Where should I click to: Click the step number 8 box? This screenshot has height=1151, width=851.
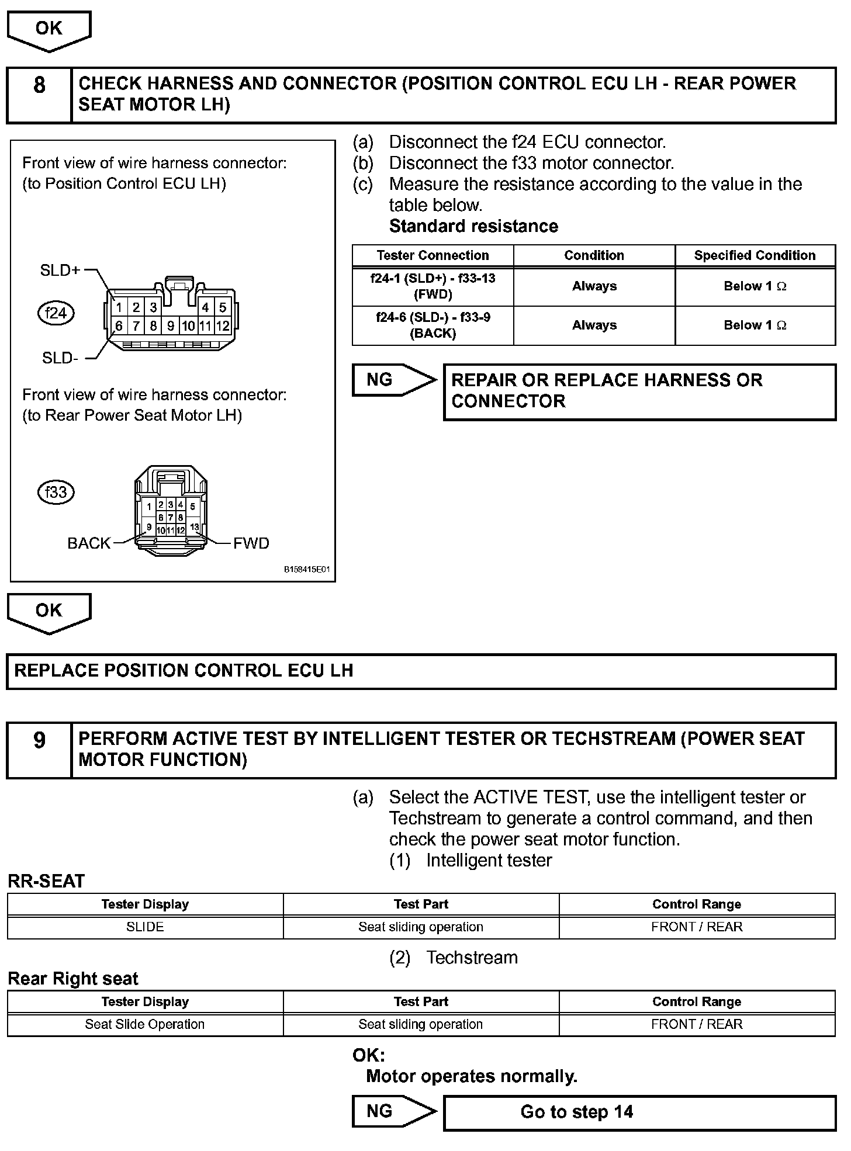coord(39,95)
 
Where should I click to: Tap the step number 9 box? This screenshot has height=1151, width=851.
coord(39,750)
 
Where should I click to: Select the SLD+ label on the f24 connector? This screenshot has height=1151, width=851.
coord(60,270)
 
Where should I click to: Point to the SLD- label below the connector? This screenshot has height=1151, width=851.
coord(60,358)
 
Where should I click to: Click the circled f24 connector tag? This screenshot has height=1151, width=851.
coord(56,313)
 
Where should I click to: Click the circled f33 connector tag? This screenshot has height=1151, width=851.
coord(56,492)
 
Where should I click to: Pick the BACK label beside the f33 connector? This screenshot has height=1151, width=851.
coord(89,543)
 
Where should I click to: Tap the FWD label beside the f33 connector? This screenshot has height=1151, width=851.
coord(251,543)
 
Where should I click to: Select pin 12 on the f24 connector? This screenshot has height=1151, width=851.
coord(223,326)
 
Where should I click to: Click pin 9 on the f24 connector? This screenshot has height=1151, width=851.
coord(171,326)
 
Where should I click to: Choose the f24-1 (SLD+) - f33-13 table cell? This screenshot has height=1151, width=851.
coord(433,286)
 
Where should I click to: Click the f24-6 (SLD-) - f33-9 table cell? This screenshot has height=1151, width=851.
coord(433,325)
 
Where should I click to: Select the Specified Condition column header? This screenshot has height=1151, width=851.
coord(755,255)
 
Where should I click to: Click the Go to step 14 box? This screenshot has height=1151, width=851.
coord(639,1111)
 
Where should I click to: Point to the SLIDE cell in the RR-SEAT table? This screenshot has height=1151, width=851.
coord(145,927)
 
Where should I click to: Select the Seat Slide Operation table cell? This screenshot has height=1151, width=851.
coord(145,1024)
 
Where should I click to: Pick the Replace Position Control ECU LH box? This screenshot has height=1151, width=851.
coord(421,671)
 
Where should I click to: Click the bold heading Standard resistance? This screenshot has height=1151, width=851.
coord(473,226)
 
